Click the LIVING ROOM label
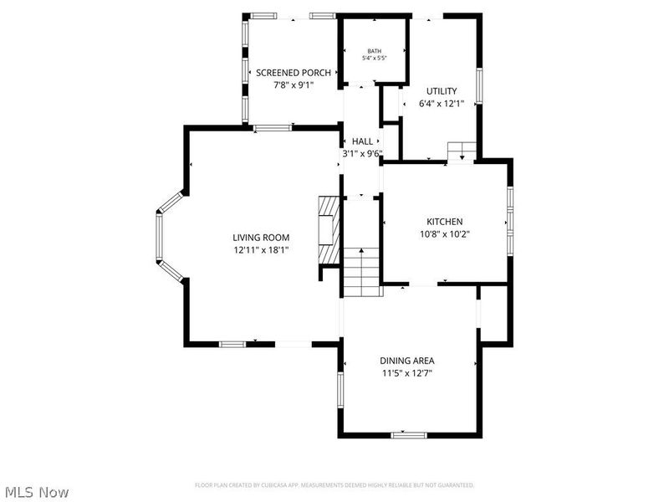261,238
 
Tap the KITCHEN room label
444,222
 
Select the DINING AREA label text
407,361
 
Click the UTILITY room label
442,91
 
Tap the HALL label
362,141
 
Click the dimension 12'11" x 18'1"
261,250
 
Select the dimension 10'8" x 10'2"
444,234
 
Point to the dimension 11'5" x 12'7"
407,373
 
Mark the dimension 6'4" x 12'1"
442,104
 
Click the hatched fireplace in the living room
329,229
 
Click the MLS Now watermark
37,493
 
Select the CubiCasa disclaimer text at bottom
334,485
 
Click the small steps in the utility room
462,151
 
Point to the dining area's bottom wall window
409,434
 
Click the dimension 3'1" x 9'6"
362,154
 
